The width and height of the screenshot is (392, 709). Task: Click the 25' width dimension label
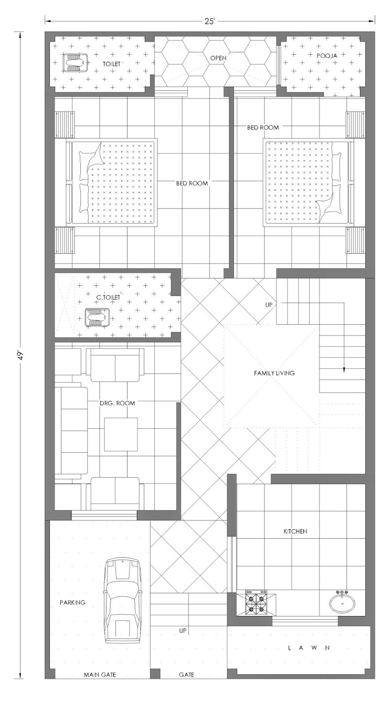coord(209,21)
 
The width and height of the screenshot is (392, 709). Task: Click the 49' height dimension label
coord(21,354)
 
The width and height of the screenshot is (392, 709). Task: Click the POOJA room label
coord(327,56)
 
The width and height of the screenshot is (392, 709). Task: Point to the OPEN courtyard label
coord(218,58)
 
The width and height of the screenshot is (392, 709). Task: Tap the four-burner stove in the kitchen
coord(256,603)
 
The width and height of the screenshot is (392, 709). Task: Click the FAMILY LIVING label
coord(274,373)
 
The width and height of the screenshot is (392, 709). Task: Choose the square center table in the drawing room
coord(121,434)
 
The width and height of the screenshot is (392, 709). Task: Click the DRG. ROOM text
coord(117,403)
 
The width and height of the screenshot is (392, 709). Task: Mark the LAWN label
coord(309,648)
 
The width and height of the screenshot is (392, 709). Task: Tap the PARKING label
coord(72,602)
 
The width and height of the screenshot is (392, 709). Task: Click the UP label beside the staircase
coord(269,305)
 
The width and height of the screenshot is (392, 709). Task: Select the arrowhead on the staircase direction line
coord(344,371)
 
